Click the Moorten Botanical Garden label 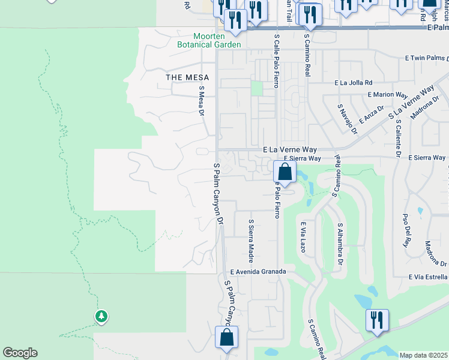click(209, 40)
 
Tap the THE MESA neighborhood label click(187, 77)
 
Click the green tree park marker click(101, 316)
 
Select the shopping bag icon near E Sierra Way click(285, 172)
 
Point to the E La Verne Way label click(289, 149)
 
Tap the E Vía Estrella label click(427, 277)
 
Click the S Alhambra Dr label click(340, 244)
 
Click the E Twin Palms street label click(427, 58)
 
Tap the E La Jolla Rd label click(354, 83)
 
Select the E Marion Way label click(388, 95)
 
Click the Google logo click(20, 353)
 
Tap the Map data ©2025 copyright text click(423, 355)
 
